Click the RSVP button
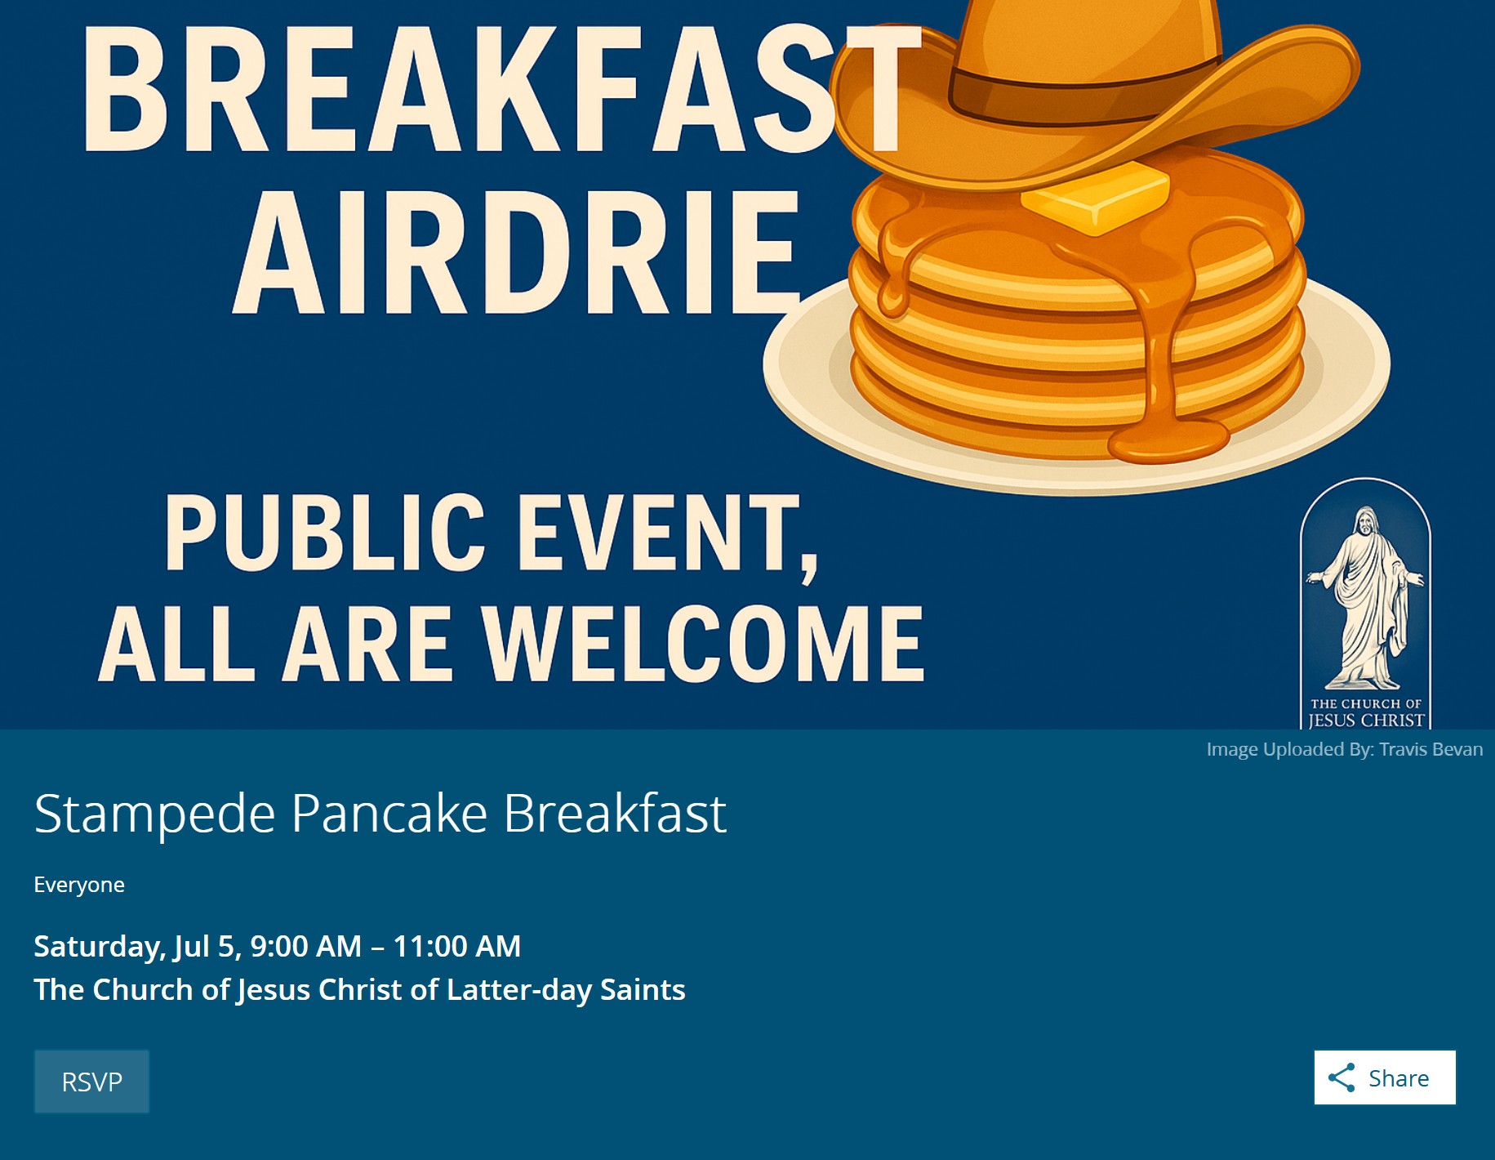click(91, 1082)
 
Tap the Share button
click(1385, 1077)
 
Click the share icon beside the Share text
click(1341, 1077)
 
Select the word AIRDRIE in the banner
click(517, 253)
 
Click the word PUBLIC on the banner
click(325, 533)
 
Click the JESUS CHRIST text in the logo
click(1366, 721)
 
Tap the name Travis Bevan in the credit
click(1431, 749)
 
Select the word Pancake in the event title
click(389, 814)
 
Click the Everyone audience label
click(79, 885)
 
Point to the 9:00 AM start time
click(305, 946)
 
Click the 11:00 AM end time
click(457, 946)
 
